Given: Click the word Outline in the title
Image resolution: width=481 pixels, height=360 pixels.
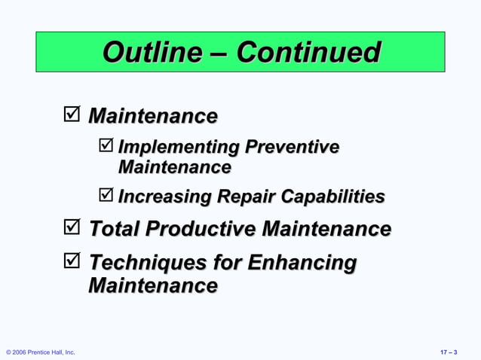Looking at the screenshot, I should pos(151,53).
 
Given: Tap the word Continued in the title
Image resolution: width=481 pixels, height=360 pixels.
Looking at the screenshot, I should pos(308,53).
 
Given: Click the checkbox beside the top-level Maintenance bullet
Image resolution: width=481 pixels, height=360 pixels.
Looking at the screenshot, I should pos(72,116).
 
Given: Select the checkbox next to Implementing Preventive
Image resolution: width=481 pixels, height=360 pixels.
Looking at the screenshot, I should pos(106,146).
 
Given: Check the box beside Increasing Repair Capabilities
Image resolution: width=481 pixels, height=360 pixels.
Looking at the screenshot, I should pos(106,197).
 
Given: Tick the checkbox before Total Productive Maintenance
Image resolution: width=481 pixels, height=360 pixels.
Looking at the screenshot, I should pos(72,227).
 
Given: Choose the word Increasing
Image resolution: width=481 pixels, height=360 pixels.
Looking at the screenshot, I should pos(164,197).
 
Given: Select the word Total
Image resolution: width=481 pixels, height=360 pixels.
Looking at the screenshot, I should pos(114,228).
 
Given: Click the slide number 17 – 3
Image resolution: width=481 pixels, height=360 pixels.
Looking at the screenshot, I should pos(454,352).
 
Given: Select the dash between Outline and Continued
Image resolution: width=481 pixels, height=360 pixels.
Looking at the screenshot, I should pos(219,53).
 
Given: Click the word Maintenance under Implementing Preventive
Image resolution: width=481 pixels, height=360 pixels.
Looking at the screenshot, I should pos(174,166).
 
